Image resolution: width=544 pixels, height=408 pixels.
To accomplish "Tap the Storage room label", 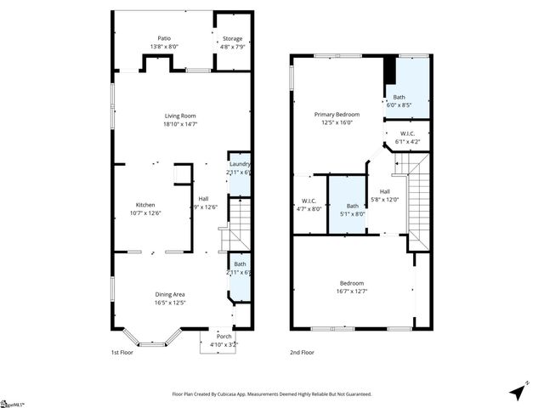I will (x=232, y=39).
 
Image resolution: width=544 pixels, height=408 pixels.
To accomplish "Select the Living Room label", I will (x=180, y=116).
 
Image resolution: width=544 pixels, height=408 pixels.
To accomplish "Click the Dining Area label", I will (x=178, y=295).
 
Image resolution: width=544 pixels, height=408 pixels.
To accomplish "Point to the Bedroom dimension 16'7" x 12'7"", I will (x=352, y=292).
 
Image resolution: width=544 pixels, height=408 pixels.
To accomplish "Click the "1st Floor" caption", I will (x=123, y=352).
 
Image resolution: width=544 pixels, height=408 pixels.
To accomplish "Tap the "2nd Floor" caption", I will (x=303, y=352).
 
